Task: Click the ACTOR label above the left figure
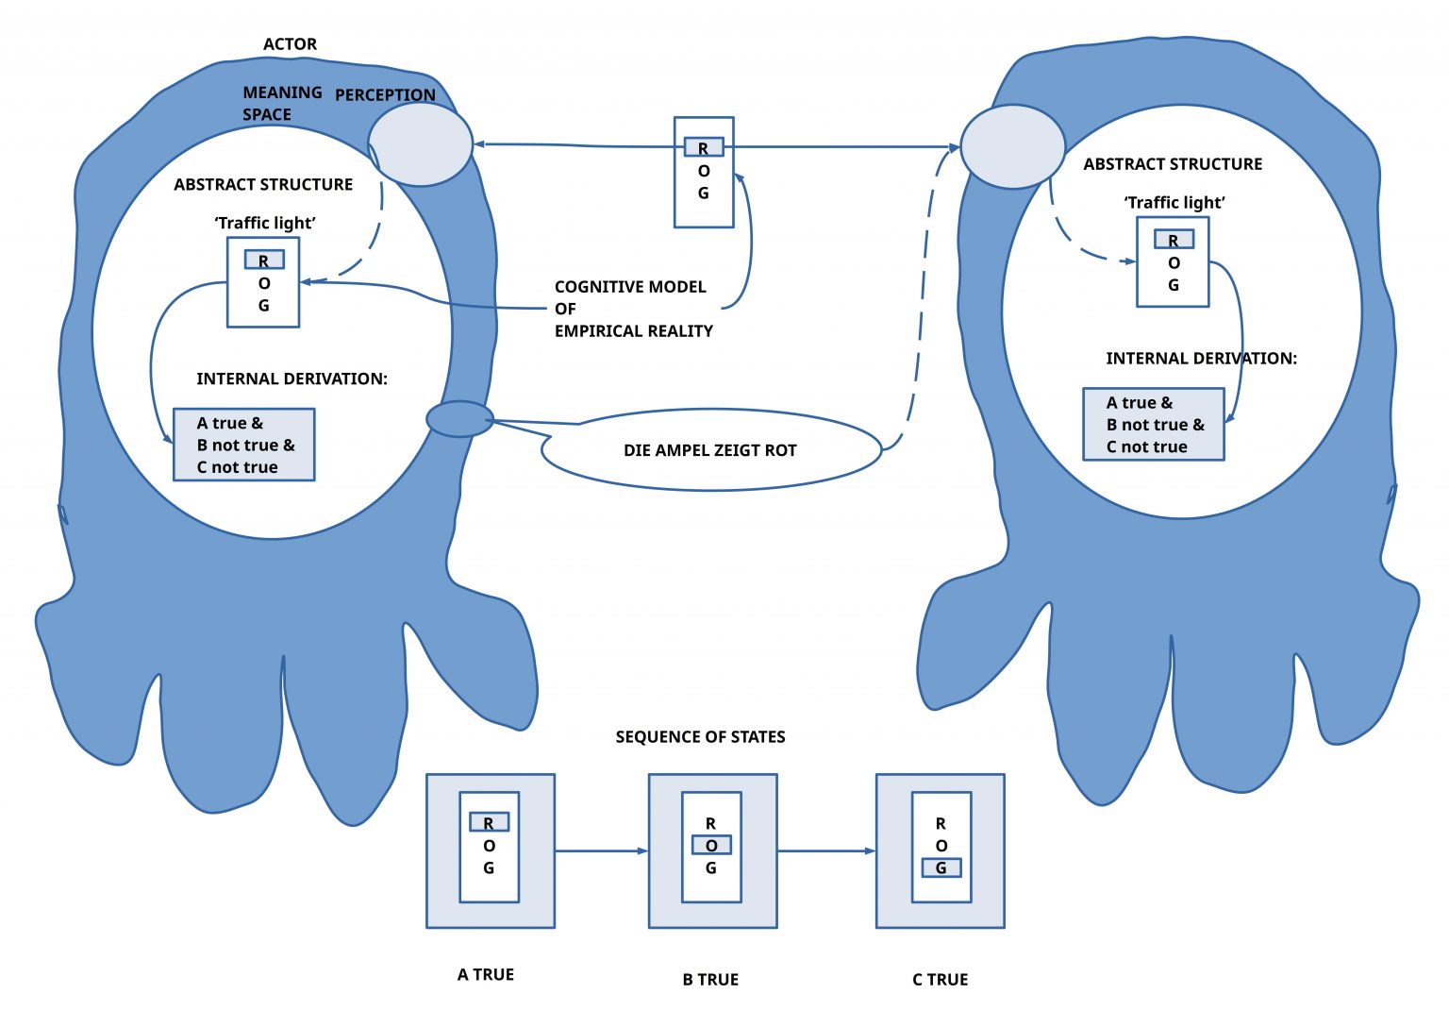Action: click(x=290, y=44)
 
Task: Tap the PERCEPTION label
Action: click(x=385, y=95)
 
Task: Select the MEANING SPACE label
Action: click(x=282, y=104)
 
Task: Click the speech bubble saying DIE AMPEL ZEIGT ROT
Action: click(x=711, y=449)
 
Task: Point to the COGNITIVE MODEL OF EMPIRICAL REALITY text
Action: click(x=633, y=309)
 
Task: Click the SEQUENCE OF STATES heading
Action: click(x=700, y=737)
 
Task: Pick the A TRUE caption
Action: click(x=485, y=974)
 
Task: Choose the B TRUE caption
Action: click(x=710, y=980)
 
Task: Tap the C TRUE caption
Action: click(x=940, y=980)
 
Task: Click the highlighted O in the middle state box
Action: click(x=711, y=845)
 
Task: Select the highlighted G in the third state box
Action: click(x=941, y=867)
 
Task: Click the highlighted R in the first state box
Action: click(x=489, y=822)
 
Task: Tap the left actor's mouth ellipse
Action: click(x=460, y=419)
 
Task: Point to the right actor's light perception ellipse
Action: click(x=1012, y=147)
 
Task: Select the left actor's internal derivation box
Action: click(x=244, y=445)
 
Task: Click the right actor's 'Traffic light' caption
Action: click(x=1174, y=203)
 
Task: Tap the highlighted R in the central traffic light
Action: click(x=704, y=147)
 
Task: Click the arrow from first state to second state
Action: click(x=602, y=850)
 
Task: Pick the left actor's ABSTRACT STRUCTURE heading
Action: click(x=263, y=184)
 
